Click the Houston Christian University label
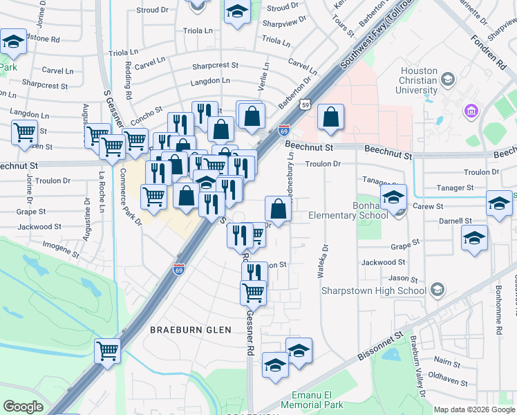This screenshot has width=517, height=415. tap(419, 81)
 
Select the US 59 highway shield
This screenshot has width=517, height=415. tap(305, 104)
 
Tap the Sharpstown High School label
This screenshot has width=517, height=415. tap(373, 290)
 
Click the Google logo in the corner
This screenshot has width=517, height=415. tap(23, 407)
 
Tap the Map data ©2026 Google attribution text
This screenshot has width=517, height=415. tap(474, 410)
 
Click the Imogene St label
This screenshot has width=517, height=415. tap(62, 244)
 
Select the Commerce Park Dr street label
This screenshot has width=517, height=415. tap(129, 196)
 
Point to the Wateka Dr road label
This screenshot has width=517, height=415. tap(321, 263)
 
